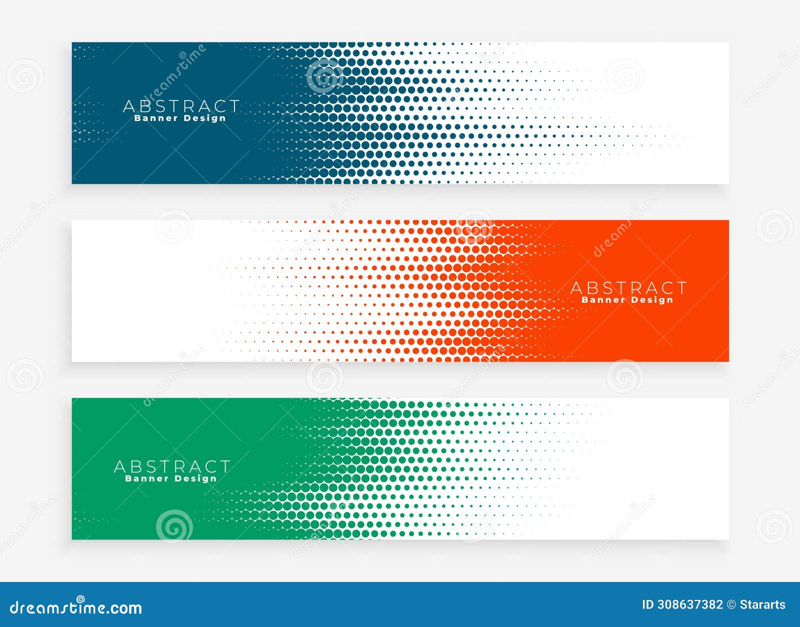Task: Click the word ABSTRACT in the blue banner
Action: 181,106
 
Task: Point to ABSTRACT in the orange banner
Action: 628,288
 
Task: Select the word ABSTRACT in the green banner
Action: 172,466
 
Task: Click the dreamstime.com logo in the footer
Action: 76,607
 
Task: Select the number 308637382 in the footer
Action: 689,605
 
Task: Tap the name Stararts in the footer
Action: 762,605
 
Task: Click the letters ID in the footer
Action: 647,605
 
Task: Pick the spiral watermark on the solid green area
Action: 174,525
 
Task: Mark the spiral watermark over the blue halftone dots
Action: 324,76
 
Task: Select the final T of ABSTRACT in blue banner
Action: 233,106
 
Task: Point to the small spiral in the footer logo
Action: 80,598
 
